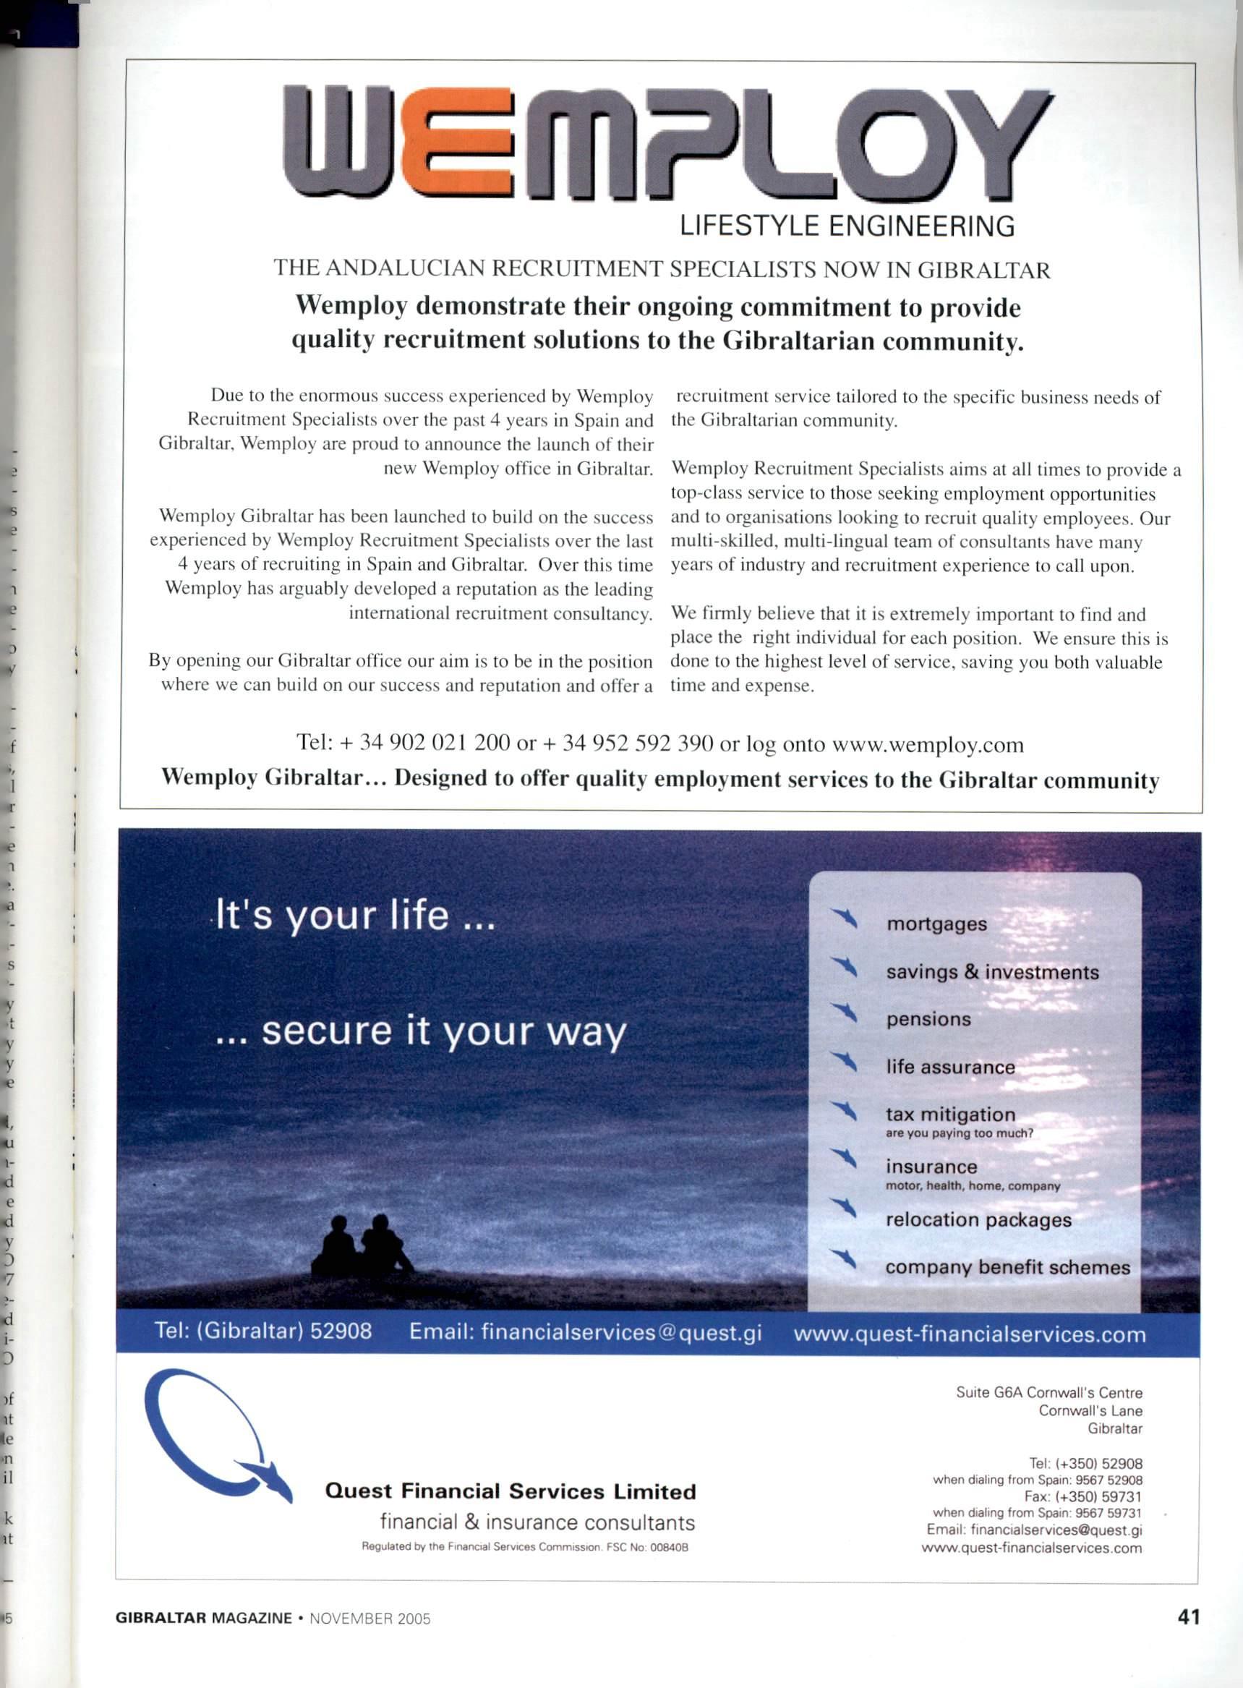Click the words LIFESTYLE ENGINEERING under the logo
click(847, 226)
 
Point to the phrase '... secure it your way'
click(421, 1031)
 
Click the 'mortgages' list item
click(936, 924)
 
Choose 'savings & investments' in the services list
click(991, 972)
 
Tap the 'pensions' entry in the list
click(928, 1020)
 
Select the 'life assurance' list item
click(949, 1067)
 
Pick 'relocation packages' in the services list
click(978, 1220)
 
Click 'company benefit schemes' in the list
click(1007, 1267)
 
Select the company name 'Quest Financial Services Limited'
click(510, 1491)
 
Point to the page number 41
click(1188, 1616)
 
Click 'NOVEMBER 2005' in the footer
click(370, 1619)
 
